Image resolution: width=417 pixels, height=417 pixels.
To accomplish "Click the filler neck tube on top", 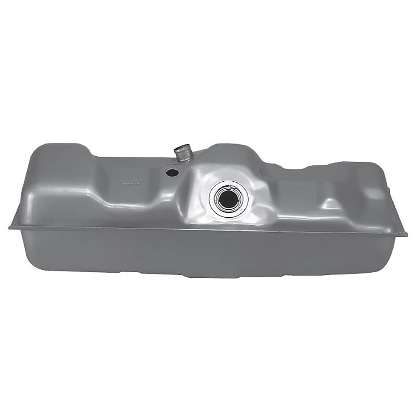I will coord(182,153).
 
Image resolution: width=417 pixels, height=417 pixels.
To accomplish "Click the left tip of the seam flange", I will coord(10,227).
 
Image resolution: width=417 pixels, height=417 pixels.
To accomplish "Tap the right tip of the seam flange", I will coord(405,234).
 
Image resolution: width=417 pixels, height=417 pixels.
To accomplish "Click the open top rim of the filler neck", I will coord(182,147).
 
